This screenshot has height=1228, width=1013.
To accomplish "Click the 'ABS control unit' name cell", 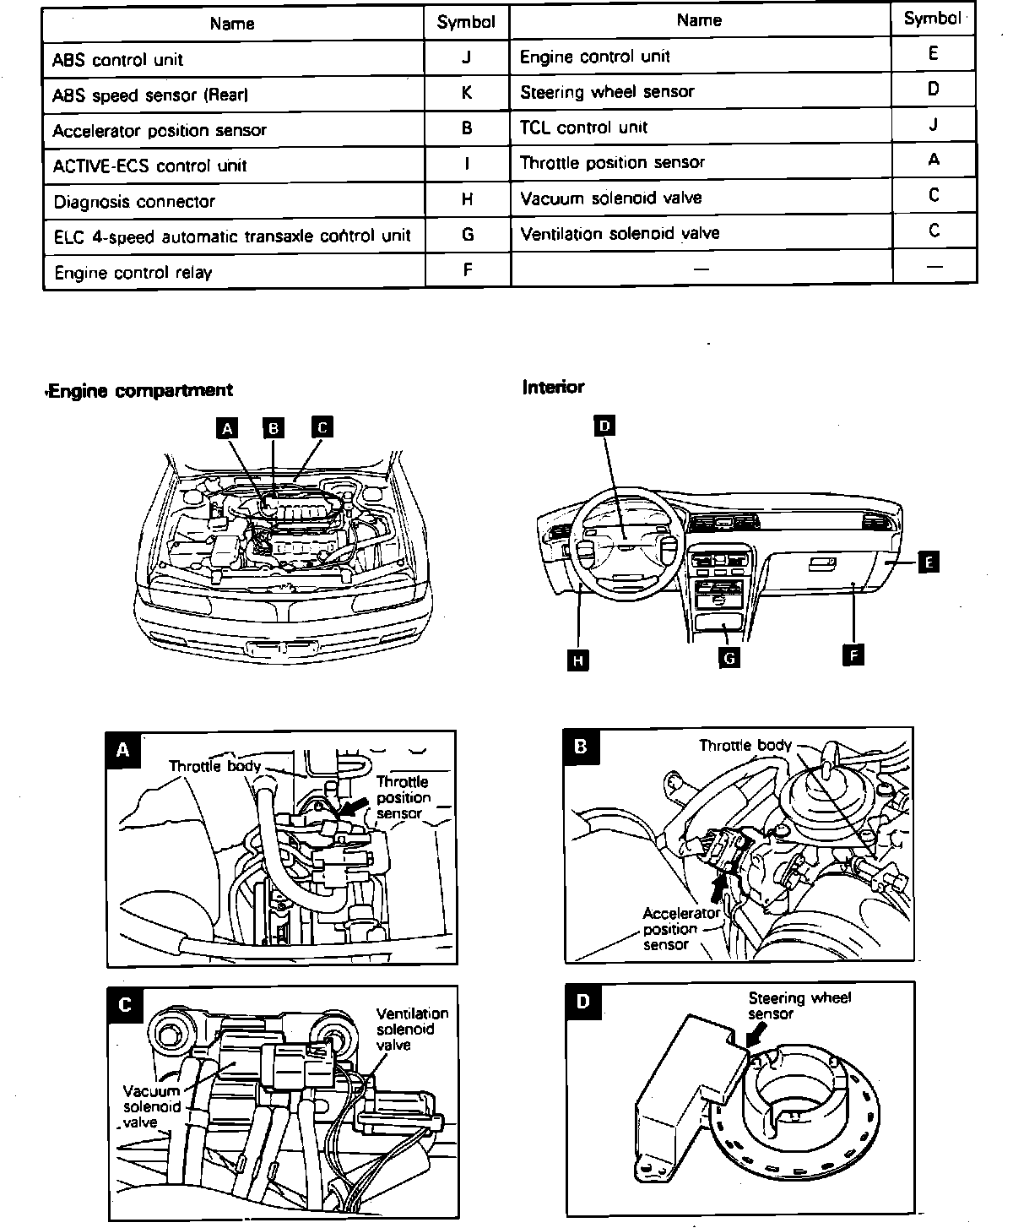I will (x=118, y=60).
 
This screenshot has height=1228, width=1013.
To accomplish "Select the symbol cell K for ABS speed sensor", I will (x=467, y=93).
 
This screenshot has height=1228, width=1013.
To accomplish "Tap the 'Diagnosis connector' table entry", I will (x=134, y=202).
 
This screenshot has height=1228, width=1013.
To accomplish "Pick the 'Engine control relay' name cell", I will (x=133, y=273).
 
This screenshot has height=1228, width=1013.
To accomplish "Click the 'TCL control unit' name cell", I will (x=584, y=128).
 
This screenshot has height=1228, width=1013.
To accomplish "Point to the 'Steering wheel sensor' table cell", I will (x=607, y=92).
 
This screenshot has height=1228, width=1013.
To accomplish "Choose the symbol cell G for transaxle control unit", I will (x=467, y=235).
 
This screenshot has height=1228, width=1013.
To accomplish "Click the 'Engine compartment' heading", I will (x=140, y=390).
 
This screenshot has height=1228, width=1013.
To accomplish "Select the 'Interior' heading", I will (x=553, y=388).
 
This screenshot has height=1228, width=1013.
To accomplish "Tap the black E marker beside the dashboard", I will (x=928, y=562).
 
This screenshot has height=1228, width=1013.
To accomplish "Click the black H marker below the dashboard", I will (x=578, y=660).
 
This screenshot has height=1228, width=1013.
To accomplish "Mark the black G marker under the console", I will (x=729, y=656).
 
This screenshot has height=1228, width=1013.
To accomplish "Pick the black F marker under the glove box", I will (x=853, y=654).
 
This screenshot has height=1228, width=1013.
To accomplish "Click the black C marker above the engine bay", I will (x=322, y=427).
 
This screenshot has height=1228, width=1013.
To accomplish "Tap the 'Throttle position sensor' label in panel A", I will (x=403, y=797).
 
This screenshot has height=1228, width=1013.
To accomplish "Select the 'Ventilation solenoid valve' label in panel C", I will (x=411, y=1029).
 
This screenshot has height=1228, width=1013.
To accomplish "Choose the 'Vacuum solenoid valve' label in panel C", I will (x=151, y=1106).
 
